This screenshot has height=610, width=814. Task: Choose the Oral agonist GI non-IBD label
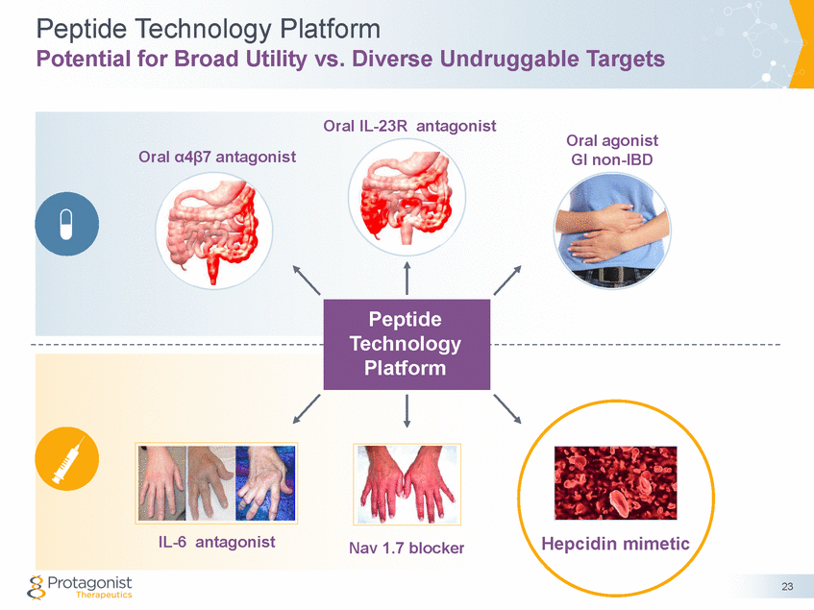pos(611,150)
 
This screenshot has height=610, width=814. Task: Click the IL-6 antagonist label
pos(216,542)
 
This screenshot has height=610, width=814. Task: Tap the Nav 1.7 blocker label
pos(407,549)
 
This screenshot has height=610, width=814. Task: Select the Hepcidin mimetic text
pos(616,543)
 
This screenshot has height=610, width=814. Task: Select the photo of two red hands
pos(407,483)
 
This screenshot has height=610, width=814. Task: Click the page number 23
pos(787,587)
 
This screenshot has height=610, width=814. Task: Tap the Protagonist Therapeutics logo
pos(82,586)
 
